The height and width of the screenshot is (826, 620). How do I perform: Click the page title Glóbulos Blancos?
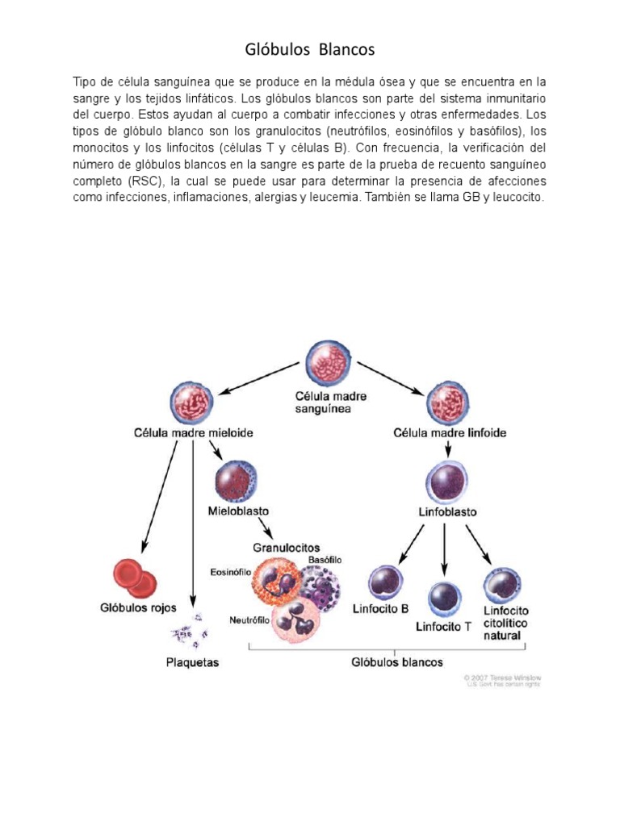coord(310,50)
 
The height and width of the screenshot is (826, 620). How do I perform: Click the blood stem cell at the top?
coord(329,365)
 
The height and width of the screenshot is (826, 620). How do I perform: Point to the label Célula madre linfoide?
coord(450,433)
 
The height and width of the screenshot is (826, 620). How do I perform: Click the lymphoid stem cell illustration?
coord(448,399)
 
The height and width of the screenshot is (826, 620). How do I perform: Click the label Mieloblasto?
coord(238,511)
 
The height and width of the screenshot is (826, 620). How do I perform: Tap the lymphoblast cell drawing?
coord(446,483)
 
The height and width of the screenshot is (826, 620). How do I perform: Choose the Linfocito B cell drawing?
coord(385,584)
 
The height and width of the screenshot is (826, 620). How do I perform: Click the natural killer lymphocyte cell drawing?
coord(501,586)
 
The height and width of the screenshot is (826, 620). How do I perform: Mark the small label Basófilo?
coord(324,560)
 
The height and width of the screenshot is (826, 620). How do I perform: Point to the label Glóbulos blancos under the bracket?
coord(397,662)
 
